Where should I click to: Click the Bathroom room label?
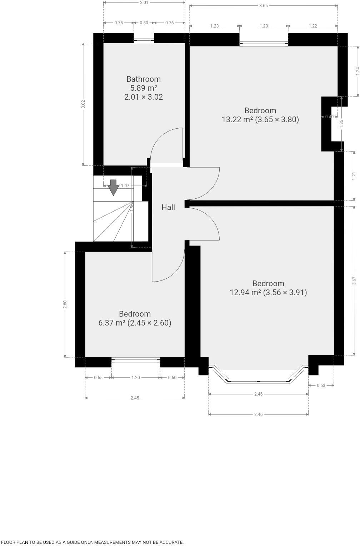[144, 79]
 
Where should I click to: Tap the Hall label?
[168, 207]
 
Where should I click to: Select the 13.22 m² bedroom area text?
[260, 119]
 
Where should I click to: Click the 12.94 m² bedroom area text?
[268, 292]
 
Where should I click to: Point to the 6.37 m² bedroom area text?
[135, 323]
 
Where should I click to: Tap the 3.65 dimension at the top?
[264, 5]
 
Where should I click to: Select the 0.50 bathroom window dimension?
[144, 23]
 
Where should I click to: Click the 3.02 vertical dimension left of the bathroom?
[83, 104]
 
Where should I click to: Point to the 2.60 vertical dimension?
[65, 304]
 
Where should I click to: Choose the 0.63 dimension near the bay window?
[321, 385]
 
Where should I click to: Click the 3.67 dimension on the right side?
[354, 281]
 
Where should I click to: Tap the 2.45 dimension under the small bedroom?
[135, 398]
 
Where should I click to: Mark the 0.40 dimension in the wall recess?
[329, 116]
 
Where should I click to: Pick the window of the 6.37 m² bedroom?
[136, 360]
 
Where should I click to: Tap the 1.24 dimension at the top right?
[358, 71]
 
